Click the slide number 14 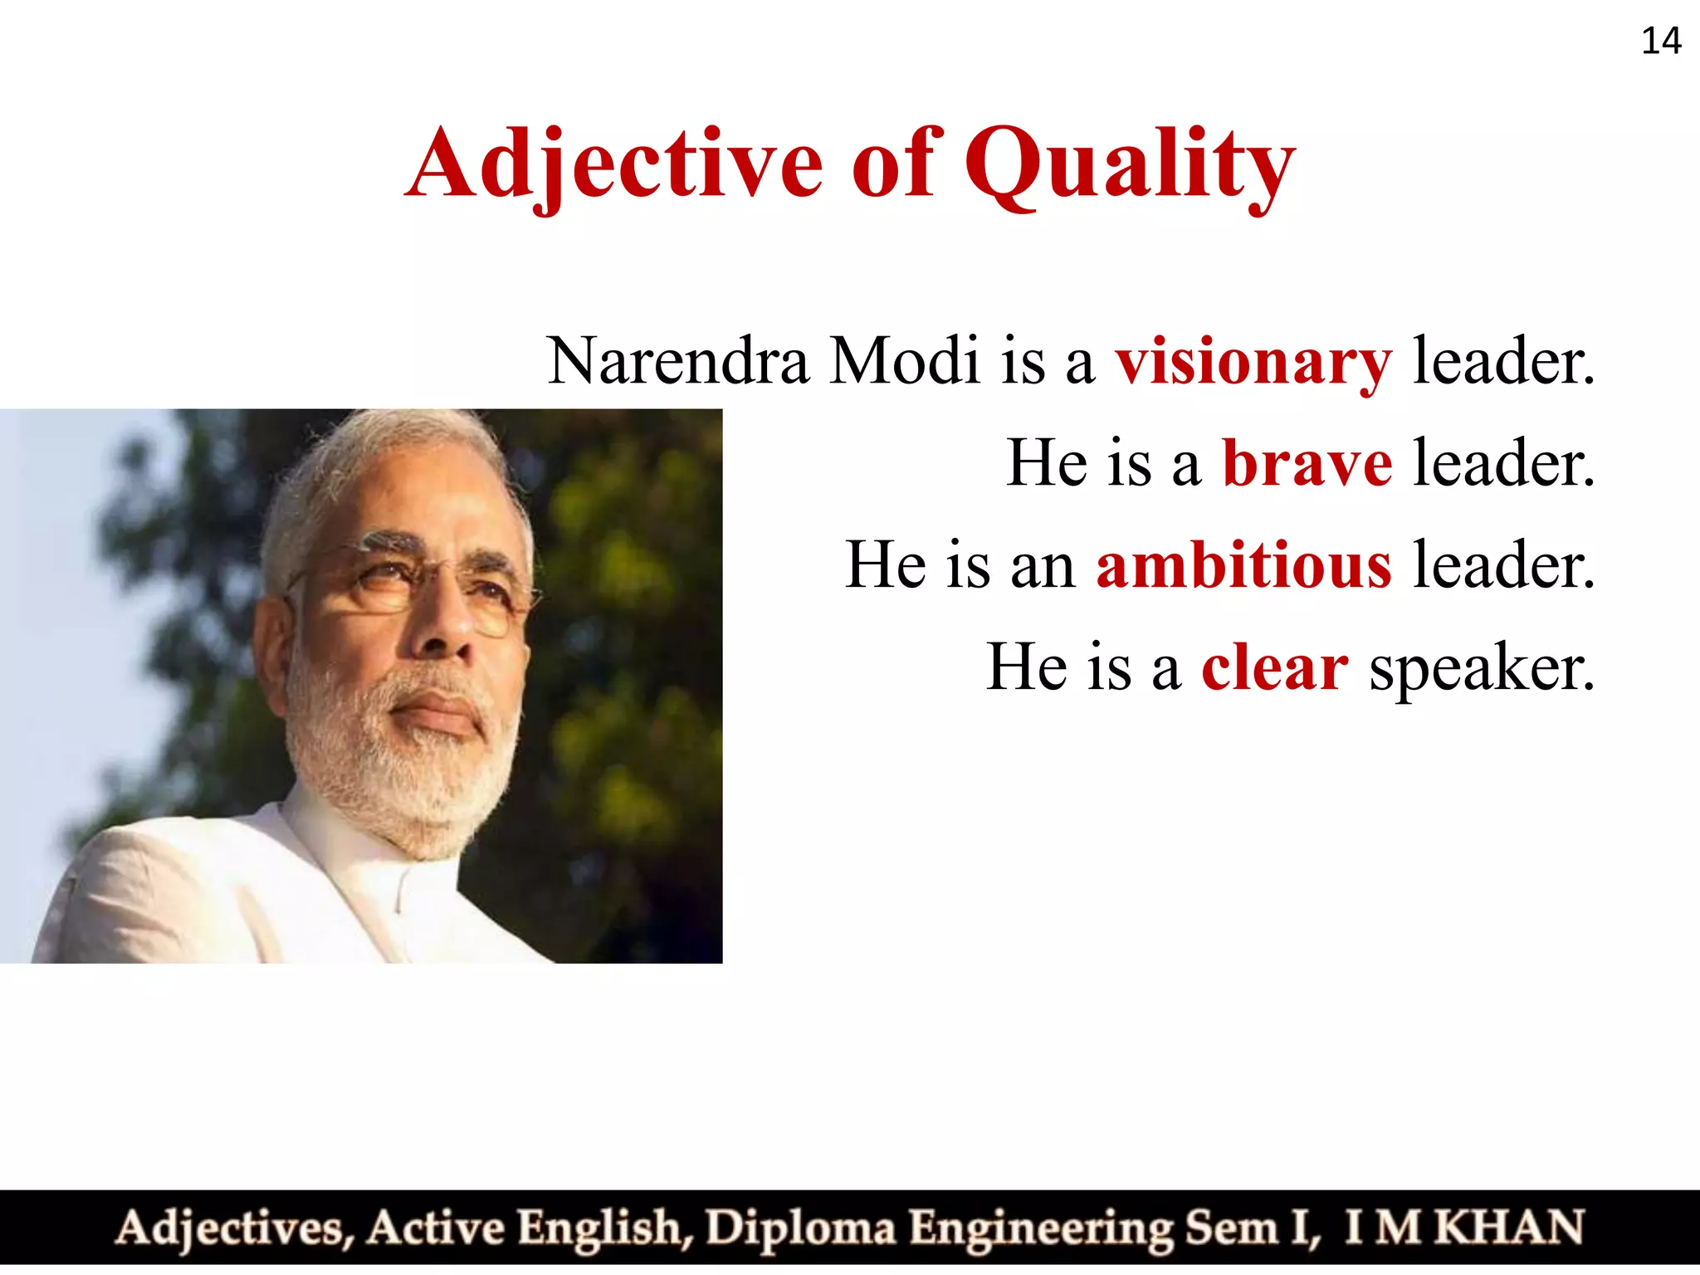click(x=1661, y=41)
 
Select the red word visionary click(x=1253, y=362)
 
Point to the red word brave click(x=1307, y=463)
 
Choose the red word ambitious click(x=1243, y=565)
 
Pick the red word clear click(x=1275, y=667)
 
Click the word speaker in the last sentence click(x=1482, y=669)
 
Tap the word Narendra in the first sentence click(x=678, y=362)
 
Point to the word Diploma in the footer click(x=800, y=1229)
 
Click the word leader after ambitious click(x=1503, y=565)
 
